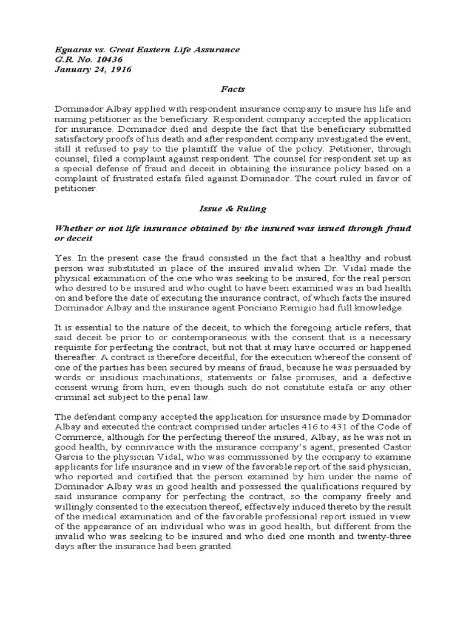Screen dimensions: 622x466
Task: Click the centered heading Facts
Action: [233, 89]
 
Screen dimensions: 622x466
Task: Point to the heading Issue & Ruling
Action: [233, 208]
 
